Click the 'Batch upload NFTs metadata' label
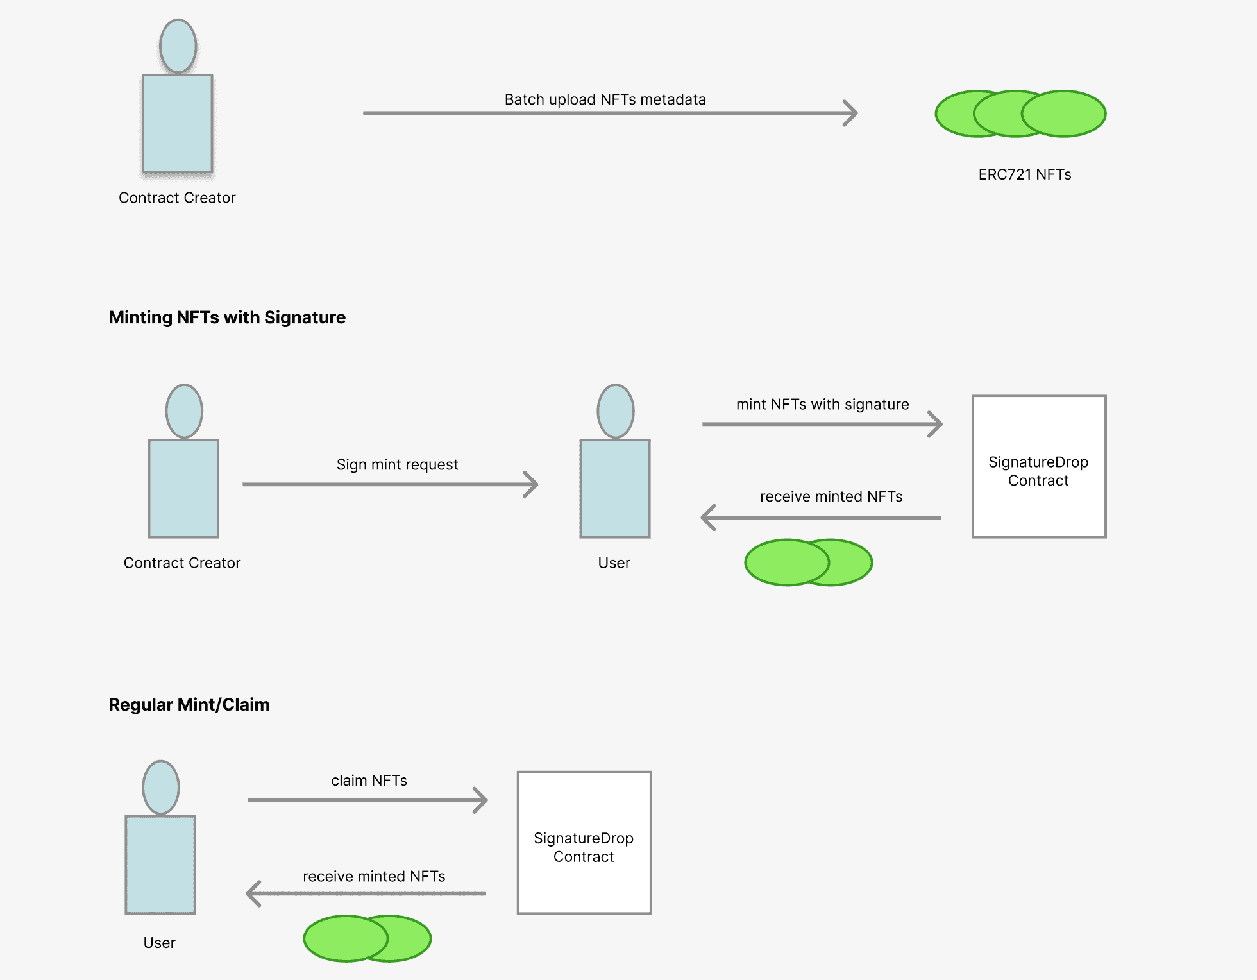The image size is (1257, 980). (x=605, y=99)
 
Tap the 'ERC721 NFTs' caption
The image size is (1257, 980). (x=1024, y=174)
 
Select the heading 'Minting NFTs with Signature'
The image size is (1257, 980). (x=227, y=317)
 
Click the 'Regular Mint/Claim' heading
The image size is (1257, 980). (x=189, y=705)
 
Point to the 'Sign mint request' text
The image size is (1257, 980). (x=397, y=464)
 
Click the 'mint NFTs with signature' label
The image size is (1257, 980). (x=822, y=404)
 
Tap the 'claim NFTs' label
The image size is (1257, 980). (x=369, y=781)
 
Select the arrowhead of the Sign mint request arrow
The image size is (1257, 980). (x=532, y=484)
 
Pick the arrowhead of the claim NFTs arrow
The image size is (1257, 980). (x=482, y=800)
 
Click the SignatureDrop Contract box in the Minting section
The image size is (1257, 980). (x=1038, y=466)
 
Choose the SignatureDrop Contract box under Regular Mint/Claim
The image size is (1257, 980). (x=584, y=842)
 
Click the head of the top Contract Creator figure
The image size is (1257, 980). (x=178, y=46)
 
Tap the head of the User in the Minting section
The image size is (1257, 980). (x=615, y=411)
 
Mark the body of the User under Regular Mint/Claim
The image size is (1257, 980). (x=160, y=864)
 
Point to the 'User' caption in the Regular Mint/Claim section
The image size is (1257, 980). (x=159, y=943)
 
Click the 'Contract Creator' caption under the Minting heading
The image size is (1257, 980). (x=181, y=562)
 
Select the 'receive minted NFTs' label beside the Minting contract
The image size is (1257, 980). (x=831, y=496)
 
